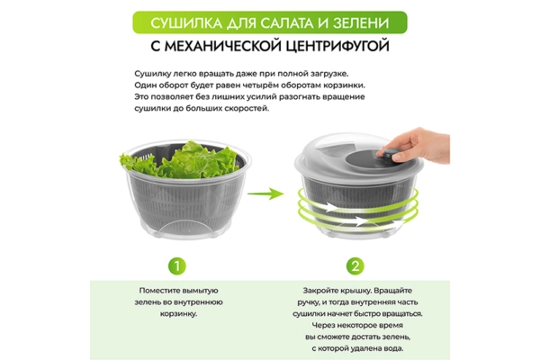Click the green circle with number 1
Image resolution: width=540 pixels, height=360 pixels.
177,265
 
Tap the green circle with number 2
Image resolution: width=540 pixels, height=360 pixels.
355,265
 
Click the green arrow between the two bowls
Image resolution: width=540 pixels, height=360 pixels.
265,193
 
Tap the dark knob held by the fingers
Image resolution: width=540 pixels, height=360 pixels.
385,155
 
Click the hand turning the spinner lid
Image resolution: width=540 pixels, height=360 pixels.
419,145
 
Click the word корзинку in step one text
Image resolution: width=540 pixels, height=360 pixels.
178,314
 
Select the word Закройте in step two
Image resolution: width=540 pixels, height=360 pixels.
319,291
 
